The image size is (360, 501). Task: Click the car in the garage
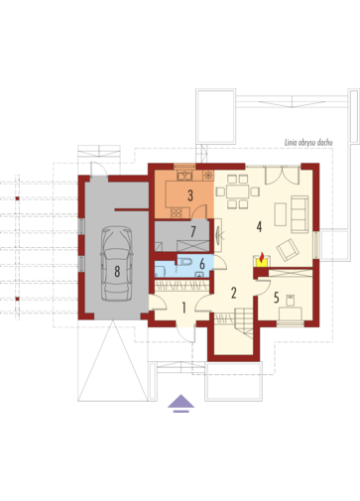117,264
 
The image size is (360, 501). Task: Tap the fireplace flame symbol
262,256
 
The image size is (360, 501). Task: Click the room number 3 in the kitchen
190,195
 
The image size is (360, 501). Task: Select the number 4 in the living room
259,226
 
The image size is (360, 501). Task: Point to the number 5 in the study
277,298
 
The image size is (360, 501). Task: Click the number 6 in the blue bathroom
202,264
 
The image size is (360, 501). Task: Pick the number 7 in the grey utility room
193,231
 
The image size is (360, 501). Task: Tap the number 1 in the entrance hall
183,308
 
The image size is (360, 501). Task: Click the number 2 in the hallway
234,293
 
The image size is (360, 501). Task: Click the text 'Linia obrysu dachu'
308,143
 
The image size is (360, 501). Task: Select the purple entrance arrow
180,403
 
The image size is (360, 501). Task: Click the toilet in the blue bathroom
185,261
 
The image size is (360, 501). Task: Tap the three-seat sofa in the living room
300,214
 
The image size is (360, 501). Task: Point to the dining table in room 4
238,191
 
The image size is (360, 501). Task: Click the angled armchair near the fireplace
288,250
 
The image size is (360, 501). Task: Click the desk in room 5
291,313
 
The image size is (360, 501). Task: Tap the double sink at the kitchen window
184,176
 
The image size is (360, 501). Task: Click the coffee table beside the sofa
281,214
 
